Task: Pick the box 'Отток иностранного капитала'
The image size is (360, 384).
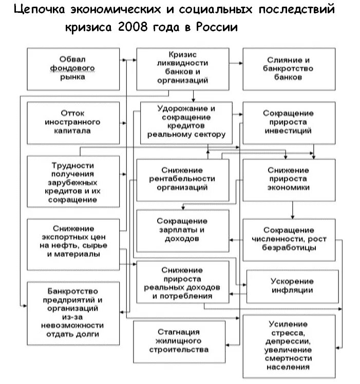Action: [75, 122]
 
